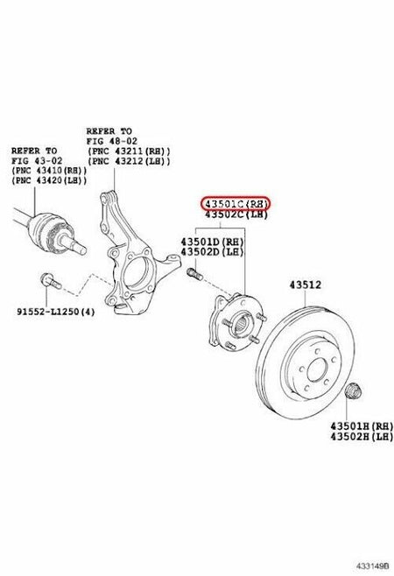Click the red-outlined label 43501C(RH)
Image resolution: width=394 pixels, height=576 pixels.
pyautogui.click(x=236, y=203)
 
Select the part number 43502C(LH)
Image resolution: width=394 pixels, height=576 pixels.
pyautogui.click(x=236, y=214)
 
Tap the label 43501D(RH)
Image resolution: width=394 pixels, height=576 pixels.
pyautogui.click(x=212, y=242)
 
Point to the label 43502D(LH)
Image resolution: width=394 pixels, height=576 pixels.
pyautogui.click(x=212, y=252)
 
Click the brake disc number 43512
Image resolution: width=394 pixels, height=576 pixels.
pyautogui.click(x=305, y=285)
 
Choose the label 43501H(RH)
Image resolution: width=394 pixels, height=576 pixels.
pyautogui.click(x=362, y=426)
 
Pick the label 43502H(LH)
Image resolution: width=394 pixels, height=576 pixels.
pyautogui.click(x=362, y=437)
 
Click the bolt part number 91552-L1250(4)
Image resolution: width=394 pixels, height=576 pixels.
pyautogui.click(x=55, y=312)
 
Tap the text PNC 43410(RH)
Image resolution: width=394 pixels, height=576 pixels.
pyautogui.click(x=50, y=171)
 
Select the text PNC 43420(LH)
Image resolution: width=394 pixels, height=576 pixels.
pyautogui.click(x=50, y=180)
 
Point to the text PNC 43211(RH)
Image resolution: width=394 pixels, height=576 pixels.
pyautogui.click(x=129, y=151)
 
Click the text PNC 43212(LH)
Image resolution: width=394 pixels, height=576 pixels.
pyautogui.click(x=129, y=161)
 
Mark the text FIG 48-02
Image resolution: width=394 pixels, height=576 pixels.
pyautogui.click(x=112, y=141)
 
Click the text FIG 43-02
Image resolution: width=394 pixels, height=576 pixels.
pyautogui.click(x=37, y=161)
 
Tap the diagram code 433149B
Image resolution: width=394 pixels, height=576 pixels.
pyautogui.click(x=372, y=566)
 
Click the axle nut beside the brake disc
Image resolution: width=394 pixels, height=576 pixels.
pyautogui.click(x=354, y=390)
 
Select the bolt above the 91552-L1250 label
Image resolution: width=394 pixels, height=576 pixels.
pyautogui.click(x=51, y=281)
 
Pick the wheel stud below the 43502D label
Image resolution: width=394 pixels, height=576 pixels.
pyautogui.click(x=195, y=273)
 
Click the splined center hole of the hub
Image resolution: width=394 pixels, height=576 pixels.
pyautogui.click(x=241, y=324)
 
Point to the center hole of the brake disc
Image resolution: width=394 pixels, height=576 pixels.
pyautogui.click(x=317, y=370)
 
